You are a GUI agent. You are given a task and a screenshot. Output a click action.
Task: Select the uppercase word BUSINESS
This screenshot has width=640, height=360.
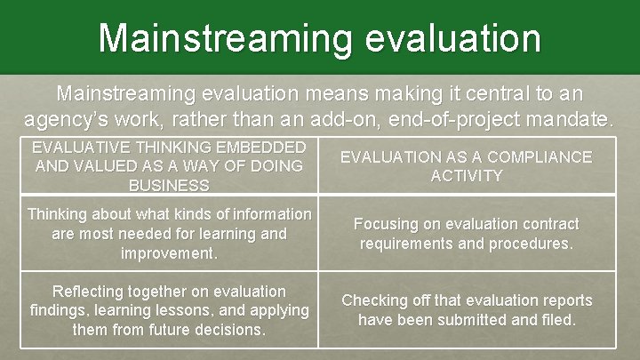[169, 185]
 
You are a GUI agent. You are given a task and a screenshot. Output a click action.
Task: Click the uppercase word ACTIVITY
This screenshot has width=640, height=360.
[467, 175]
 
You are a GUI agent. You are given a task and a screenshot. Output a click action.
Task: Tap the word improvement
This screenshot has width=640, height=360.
[169, 254]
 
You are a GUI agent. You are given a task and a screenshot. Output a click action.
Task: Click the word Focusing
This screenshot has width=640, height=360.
[385, 224]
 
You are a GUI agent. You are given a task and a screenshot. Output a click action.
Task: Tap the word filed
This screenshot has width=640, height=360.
[556, 319]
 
